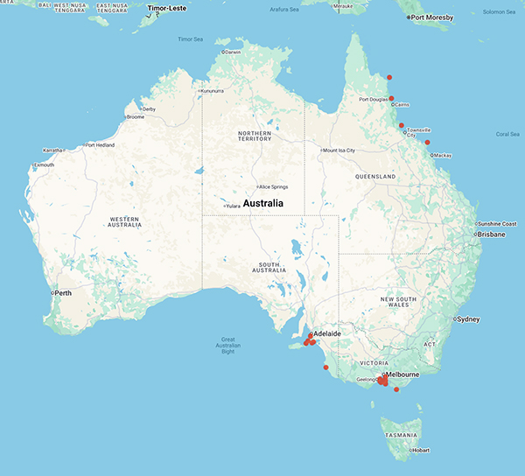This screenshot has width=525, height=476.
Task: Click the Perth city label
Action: (63, 293)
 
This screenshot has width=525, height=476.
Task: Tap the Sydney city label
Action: (468, 319)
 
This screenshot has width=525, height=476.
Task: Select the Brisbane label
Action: (490, 234)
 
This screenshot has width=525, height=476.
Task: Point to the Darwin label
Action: (233, 52)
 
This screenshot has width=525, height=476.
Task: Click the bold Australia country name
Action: (263, 203)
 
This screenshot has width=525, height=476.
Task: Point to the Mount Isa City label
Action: (339, 150)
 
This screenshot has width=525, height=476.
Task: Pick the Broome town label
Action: (136, 117)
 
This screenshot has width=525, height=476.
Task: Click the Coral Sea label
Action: (507, 134)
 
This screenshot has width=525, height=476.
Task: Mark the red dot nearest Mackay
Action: (428, 143)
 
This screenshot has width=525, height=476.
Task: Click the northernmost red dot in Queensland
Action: (389, 78)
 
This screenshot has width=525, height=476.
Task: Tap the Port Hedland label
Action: (101, 145)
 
